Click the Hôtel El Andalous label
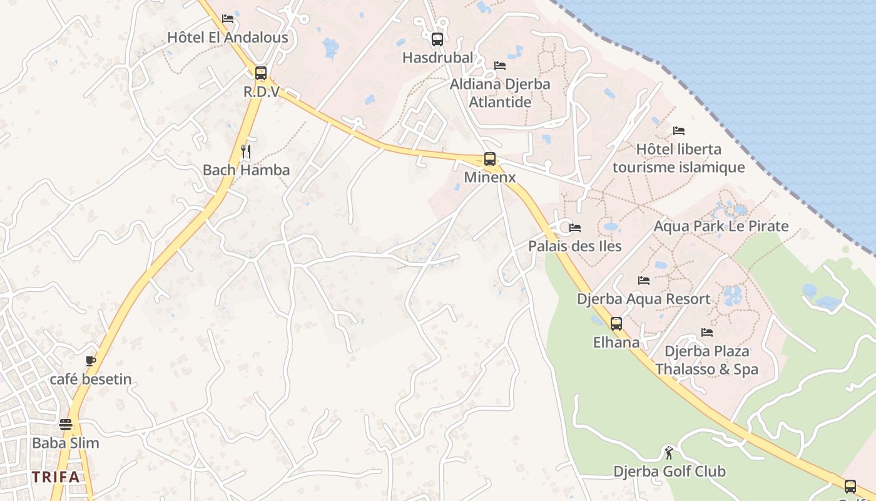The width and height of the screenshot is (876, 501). pos(228,38)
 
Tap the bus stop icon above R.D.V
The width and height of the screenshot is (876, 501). pos(261,73)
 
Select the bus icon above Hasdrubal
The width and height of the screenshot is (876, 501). pos(437,39)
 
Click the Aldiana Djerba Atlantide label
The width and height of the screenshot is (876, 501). pos(500,93)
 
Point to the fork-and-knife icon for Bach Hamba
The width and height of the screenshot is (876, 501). pos(247,151)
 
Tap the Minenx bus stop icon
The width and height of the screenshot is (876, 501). pos(490,159)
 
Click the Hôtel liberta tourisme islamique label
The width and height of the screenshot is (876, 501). pos(679,158)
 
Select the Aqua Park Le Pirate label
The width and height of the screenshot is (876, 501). pos(721,226)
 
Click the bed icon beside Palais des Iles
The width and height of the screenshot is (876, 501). pos(575,228)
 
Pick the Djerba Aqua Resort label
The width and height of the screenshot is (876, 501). pos(644,299)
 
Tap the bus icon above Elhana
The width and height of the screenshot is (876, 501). pos(616,324)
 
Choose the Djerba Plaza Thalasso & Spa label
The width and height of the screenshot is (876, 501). pos(707,360)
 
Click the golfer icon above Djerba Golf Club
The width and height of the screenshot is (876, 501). pos(669,452)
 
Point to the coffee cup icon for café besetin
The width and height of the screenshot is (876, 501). pos(91,361)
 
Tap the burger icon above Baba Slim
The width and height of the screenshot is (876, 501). pos(66,425)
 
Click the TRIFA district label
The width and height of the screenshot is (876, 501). pos(56,477)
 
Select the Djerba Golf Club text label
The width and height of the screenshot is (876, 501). pos(669,472)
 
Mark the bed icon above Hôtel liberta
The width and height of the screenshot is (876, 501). pos(679,131)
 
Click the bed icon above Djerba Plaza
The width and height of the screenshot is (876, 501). pos(707,333)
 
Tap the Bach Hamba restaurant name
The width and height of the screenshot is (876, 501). pos(247,170)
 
